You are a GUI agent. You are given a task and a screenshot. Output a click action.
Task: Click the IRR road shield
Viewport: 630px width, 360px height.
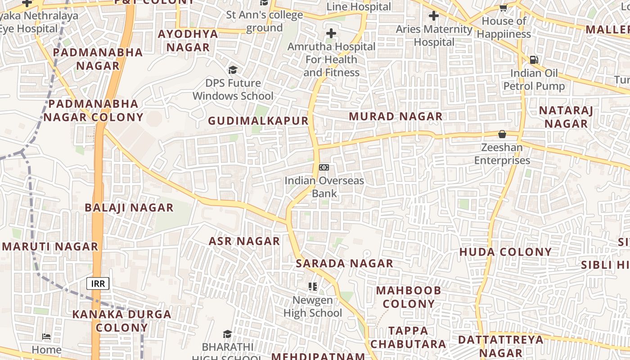[x=98, y=283]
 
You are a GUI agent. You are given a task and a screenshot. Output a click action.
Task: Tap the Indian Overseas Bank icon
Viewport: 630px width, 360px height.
[x=324, y=167]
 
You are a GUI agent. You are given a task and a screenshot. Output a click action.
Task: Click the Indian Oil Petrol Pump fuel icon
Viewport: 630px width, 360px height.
[x=534, y=59]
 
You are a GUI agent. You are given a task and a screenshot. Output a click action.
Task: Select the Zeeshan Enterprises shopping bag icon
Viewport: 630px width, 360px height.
[x=502, y=134]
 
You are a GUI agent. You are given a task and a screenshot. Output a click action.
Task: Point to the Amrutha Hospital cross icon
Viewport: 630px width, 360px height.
[x=331, y=33]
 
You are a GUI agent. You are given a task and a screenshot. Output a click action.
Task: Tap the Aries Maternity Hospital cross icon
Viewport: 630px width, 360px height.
[x=434, y=16]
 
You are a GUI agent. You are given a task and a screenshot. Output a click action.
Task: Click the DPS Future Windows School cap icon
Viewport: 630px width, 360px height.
[x=233, y=70]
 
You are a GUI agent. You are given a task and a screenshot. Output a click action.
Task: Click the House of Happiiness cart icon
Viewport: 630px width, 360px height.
[x=504, y=8]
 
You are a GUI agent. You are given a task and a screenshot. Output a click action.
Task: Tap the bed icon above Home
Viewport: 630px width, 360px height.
[x=46, y=336]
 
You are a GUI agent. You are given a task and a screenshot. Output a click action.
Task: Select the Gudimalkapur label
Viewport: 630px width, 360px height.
[x=258, y=121]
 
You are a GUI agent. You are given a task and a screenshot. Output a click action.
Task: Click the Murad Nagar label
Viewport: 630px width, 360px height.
[x=396, y=117]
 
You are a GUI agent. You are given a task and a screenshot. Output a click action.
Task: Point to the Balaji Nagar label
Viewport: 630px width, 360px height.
[x=129, y=207]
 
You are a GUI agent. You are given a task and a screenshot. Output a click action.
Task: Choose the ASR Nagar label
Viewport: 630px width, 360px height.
[x=244, y=241]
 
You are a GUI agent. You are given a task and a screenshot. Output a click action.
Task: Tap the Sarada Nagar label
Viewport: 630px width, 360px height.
[x=345, y=263]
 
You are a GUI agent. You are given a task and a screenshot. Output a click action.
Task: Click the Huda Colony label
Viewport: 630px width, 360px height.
[x=505, y=252]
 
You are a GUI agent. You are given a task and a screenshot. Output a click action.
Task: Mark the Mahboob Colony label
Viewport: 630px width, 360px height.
[x=409, y=297]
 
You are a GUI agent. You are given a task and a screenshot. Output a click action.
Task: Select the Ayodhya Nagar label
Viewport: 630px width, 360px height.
[x=188, y=40]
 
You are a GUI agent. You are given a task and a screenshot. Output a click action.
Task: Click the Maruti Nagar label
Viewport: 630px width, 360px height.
[x=50, y=247]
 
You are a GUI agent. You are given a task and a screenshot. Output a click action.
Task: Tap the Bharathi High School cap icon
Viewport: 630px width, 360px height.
[x=227, y=334]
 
